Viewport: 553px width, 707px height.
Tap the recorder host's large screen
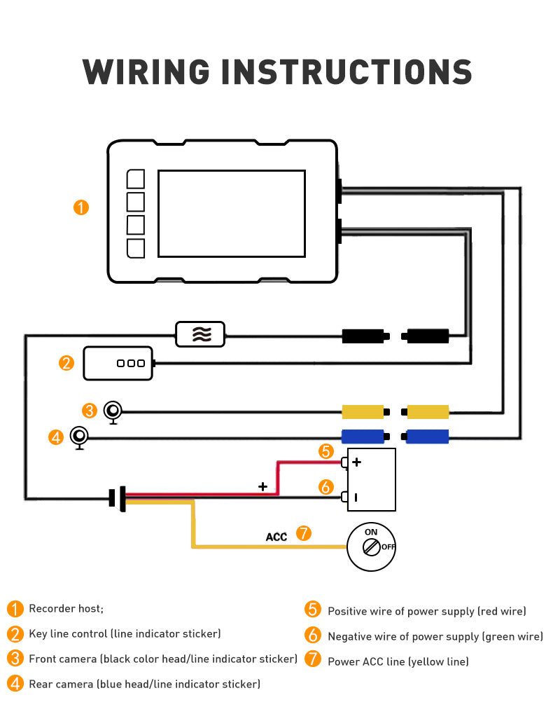[x=231, y=213]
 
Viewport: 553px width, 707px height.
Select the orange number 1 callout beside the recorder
[x=81, y=207]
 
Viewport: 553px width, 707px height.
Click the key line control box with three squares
[x=118, y=363]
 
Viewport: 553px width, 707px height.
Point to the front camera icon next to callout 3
[x=113, y=411]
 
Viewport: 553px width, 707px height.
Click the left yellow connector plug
[x=363, y=411]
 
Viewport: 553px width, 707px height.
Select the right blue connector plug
[x=426, y=437]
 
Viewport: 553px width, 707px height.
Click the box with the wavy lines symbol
[x=201, y=334]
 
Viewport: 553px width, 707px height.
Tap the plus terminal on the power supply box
[x=356, y=462]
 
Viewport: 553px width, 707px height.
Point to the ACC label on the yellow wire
[x=276, y=537]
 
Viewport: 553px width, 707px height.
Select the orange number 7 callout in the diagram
[x=303, y=533]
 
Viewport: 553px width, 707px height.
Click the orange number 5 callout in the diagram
[x=325, y=451]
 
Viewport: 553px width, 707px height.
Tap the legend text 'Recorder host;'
[x=66, y=608]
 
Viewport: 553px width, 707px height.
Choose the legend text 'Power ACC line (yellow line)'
[x=398, y=661]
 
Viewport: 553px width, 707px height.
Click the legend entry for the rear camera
[x=144, y=684]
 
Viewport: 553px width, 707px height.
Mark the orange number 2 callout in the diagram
[x=66, y=363]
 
